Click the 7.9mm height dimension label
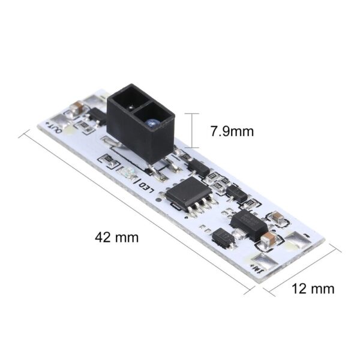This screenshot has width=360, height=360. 232,131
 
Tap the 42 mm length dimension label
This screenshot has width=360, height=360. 116,237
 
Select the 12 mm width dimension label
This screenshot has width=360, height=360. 313,289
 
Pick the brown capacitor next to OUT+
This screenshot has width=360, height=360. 77,109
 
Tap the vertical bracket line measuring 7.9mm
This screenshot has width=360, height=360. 193,130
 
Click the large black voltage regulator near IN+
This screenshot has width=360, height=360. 247,224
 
